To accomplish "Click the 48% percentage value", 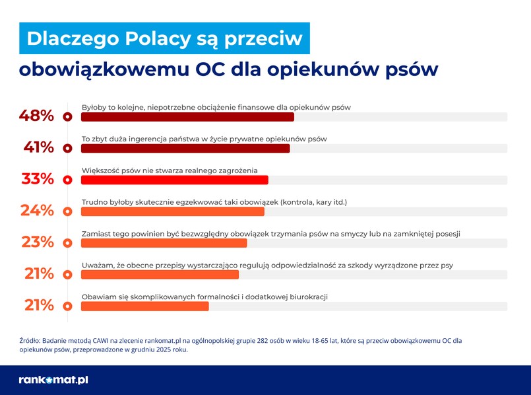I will [x=36, y=116].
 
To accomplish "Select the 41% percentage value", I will [x=38, y=147].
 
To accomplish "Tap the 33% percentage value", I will [x=38, y=179].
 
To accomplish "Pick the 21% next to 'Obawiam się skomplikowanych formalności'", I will [x=39, y=305].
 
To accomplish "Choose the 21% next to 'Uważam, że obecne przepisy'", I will [x=39, y=273].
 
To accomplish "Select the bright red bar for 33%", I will [x=174, y=180].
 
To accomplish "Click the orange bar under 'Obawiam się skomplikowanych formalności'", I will [x=144, y=306].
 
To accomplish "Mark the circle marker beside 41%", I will [x=67, y=149].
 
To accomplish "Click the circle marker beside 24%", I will [x=67, y=211].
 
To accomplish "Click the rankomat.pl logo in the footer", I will [x=53, y=380].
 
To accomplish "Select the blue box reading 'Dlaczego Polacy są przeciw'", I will [x=164, y=38].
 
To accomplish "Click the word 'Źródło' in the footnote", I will [x=30, y=341].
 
